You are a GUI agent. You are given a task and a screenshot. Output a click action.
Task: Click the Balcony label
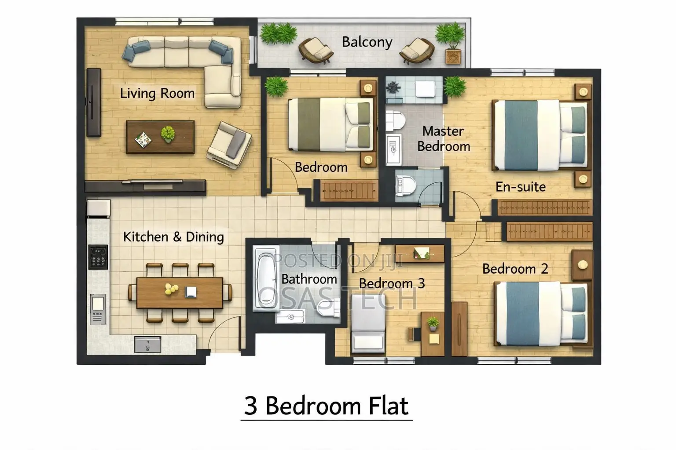tap(367, 42)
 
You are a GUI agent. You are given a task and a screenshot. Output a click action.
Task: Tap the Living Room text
tap(157, 94)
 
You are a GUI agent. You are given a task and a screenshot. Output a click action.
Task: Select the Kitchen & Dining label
tap(173, 237)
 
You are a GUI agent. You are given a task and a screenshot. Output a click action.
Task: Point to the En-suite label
tap(521, 187)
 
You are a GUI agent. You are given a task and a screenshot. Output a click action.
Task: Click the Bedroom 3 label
tap(392, 283)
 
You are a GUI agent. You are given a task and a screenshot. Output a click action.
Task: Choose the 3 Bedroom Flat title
tap(326, 406)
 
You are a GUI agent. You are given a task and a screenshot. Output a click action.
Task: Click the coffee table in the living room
tap(160, 137)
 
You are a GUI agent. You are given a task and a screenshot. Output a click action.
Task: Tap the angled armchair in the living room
tap(229, 145)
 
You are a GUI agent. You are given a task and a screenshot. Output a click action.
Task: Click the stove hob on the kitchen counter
tap(98, 257)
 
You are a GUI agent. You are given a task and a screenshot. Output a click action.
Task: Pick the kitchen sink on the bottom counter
tap(147, 345)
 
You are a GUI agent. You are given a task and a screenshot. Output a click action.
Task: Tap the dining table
tap(180, 293)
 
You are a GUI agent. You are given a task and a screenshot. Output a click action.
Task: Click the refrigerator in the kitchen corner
tap(99, 208)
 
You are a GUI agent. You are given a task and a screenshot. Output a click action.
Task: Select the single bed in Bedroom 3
tap(368, 324)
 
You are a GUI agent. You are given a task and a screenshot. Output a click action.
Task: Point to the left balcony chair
tap(316, 51)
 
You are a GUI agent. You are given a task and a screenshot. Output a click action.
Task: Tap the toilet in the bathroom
tap(328, 308)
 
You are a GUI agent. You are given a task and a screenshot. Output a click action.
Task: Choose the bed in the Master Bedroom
tap(540, 135)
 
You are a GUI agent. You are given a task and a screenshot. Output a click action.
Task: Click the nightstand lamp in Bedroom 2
tap(583, 265)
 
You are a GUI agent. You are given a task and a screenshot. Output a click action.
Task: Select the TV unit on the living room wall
tap(94, 102)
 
